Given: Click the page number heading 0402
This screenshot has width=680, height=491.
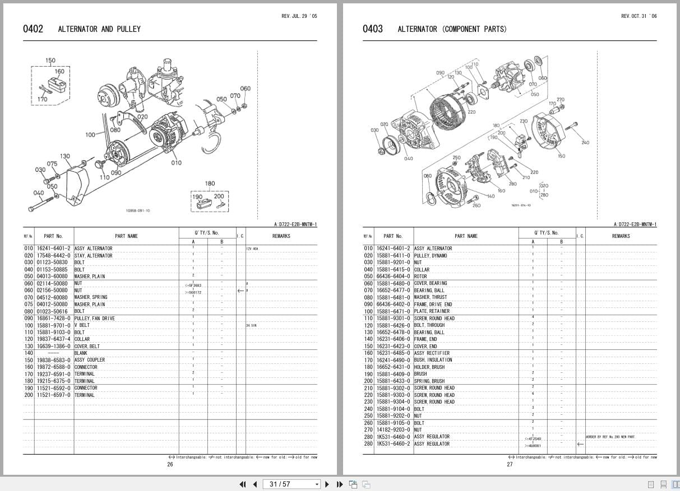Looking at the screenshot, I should [x=33, y=29].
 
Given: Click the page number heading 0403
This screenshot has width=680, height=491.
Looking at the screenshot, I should [x=373, y=29].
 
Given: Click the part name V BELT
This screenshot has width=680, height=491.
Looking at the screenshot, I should [x=82, y=325].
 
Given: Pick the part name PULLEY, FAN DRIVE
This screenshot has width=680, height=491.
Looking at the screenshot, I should [x=94, y=319].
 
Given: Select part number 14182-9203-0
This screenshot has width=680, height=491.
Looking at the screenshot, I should [x=394, y=430].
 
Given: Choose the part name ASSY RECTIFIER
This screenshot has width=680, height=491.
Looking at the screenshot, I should [x=432, y=353].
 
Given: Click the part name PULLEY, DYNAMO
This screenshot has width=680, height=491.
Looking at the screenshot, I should [x=431, y=256].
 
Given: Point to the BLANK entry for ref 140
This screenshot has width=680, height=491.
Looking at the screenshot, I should [x=81, y=353].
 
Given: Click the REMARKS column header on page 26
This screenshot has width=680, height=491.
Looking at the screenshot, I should [x=281, y=236].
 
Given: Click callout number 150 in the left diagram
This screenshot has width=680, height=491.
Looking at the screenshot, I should [x=50, y=60].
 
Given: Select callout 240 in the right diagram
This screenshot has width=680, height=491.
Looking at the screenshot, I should [x=585, y=143].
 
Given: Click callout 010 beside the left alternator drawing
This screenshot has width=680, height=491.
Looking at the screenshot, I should [x=176, y=163].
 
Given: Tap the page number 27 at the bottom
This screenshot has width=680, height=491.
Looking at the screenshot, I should [x=510, y=464].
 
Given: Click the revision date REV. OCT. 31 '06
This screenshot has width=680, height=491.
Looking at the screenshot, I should [x=639, y=16].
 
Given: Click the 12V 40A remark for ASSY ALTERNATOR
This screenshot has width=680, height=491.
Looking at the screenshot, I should [x=252, y=249].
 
